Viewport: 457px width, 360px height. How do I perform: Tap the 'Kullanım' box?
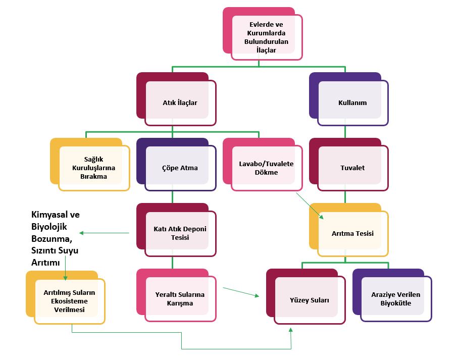click(352, 102)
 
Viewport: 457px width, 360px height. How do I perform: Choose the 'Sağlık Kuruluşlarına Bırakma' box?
click(94, 168)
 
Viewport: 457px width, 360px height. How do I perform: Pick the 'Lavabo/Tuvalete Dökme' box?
click(266, 168)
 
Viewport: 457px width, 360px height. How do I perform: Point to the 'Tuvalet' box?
click(352, 168)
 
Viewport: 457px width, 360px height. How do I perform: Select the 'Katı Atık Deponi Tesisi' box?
click(180, 233)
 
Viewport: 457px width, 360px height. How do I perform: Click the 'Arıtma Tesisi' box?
click(352, 233)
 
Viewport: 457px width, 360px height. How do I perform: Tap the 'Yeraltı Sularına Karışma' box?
click(181, 299)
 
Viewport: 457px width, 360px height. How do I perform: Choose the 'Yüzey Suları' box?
click(310, 300)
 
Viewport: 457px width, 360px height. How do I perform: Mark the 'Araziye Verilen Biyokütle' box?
click(396, 299)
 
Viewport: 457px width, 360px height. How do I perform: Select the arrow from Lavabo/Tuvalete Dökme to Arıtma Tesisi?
click(309, 205)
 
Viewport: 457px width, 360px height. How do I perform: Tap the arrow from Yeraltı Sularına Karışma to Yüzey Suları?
click(240, 292)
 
